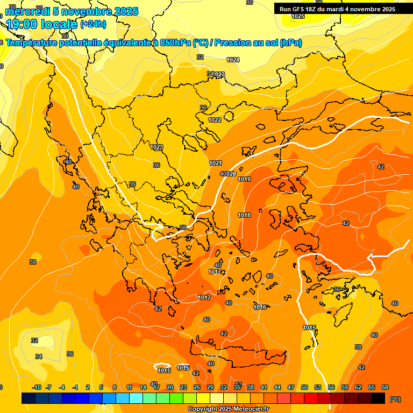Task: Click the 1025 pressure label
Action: pos(298,16)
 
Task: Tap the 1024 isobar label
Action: pos(233,60)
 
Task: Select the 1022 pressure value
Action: pos(215,120)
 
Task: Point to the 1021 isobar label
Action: pos(216,163)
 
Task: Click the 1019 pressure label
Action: pos(244,179)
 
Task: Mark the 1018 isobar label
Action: pos(244,215)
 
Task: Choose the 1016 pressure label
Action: pos(260,307)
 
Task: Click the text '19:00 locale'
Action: pos(41,24)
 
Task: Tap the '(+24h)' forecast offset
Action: pos(93,24)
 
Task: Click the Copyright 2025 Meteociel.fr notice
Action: pos(228,409)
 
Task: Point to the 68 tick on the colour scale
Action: pos(385,387)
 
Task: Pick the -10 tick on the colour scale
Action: pos(37,387)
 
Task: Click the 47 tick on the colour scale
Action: pos(291,387)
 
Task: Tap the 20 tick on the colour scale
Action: pos(169,387)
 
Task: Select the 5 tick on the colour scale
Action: pos(101,387)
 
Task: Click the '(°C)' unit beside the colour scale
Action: pos(395,399)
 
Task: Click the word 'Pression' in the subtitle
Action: pos(232,43)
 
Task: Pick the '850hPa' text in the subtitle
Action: pos(176,43)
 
